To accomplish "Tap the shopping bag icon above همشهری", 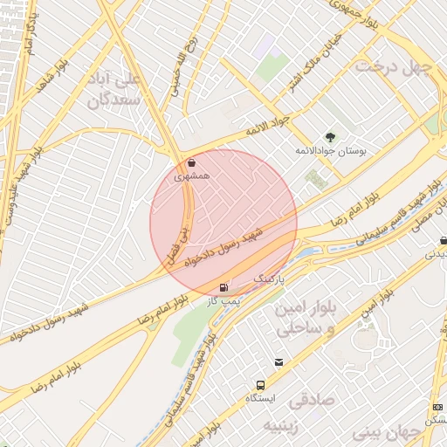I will (x=192, y=162).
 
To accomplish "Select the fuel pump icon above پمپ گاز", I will (x=225, y=286).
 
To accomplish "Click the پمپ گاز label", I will (x=224, y=300).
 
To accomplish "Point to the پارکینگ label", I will (x=270, y=277).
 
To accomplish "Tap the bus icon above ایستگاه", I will (x=260, y=386).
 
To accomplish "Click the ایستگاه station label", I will (x=260, y=399).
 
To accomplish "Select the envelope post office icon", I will (x=279, y=362).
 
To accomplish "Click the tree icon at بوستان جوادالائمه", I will (x=330, y=136).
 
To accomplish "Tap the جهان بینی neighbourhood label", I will (x=378, y=431).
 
